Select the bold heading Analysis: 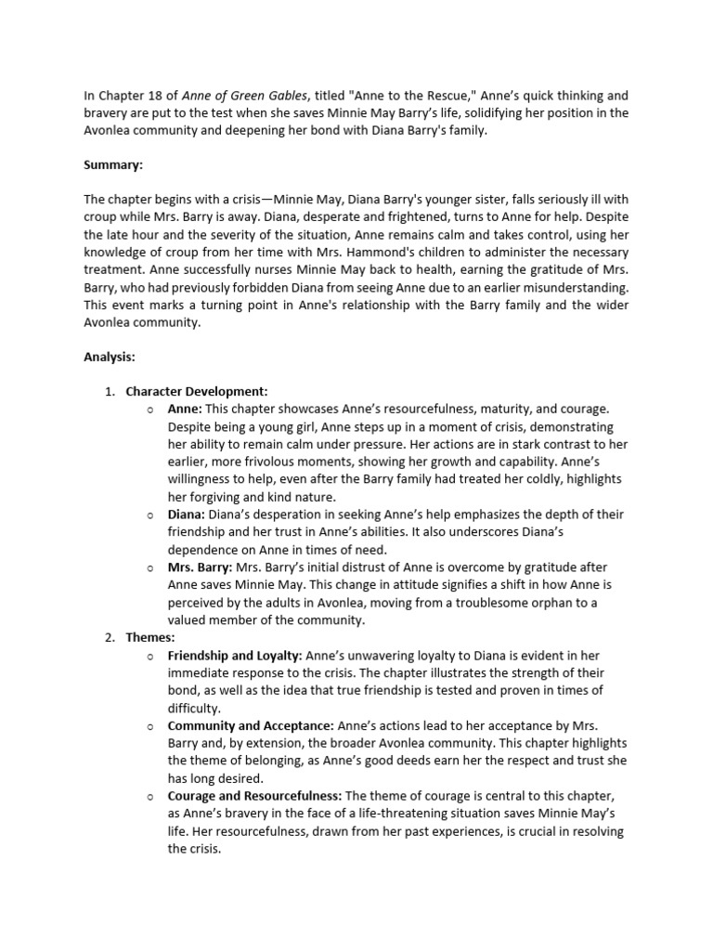(111, 356)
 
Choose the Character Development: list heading (197, 391)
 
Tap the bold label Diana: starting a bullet (187, 515)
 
